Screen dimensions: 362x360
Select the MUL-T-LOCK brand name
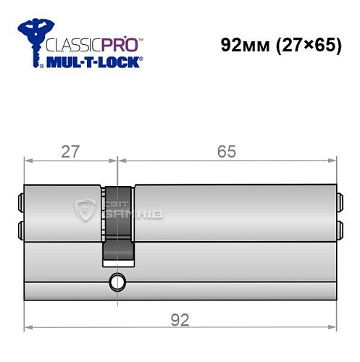coord(94,62)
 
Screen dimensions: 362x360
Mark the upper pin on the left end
coord(20,201)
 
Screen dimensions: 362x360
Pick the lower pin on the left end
coord(20,231)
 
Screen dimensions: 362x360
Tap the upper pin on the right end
coord(340,201)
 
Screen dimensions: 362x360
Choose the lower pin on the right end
coord(340,231)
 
